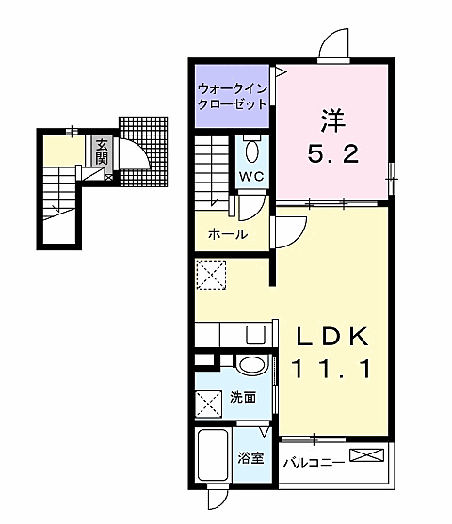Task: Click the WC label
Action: click(x=252, y=177)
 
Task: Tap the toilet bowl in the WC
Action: click(x=252, y=151)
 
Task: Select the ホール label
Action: click(x=228, y=234)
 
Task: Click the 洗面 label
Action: click(x=243, y=397)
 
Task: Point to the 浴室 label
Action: click(x=250, y=458)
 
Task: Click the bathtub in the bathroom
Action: click(x=213, y=454)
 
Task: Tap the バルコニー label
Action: click(x=314, y=463)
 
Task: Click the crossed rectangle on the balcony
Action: click(x=366, y=454)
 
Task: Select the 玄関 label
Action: click(x=102, y=151)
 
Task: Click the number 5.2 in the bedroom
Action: click(x=333, y=154)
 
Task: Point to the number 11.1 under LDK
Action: click(x=332, y=368)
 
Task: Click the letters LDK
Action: click(x=332, y=336)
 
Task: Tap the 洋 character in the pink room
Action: click(x=333, y=120)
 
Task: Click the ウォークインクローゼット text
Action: click(x=233, y=97)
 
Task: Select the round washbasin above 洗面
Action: click(x=252, y=365)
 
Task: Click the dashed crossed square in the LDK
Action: click(x=211, y=275)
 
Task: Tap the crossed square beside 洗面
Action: click(x=208, y=404)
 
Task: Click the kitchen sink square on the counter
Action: click(x=255, y=335)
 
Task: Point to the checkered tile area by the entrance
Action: click(x=143, y=151)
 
